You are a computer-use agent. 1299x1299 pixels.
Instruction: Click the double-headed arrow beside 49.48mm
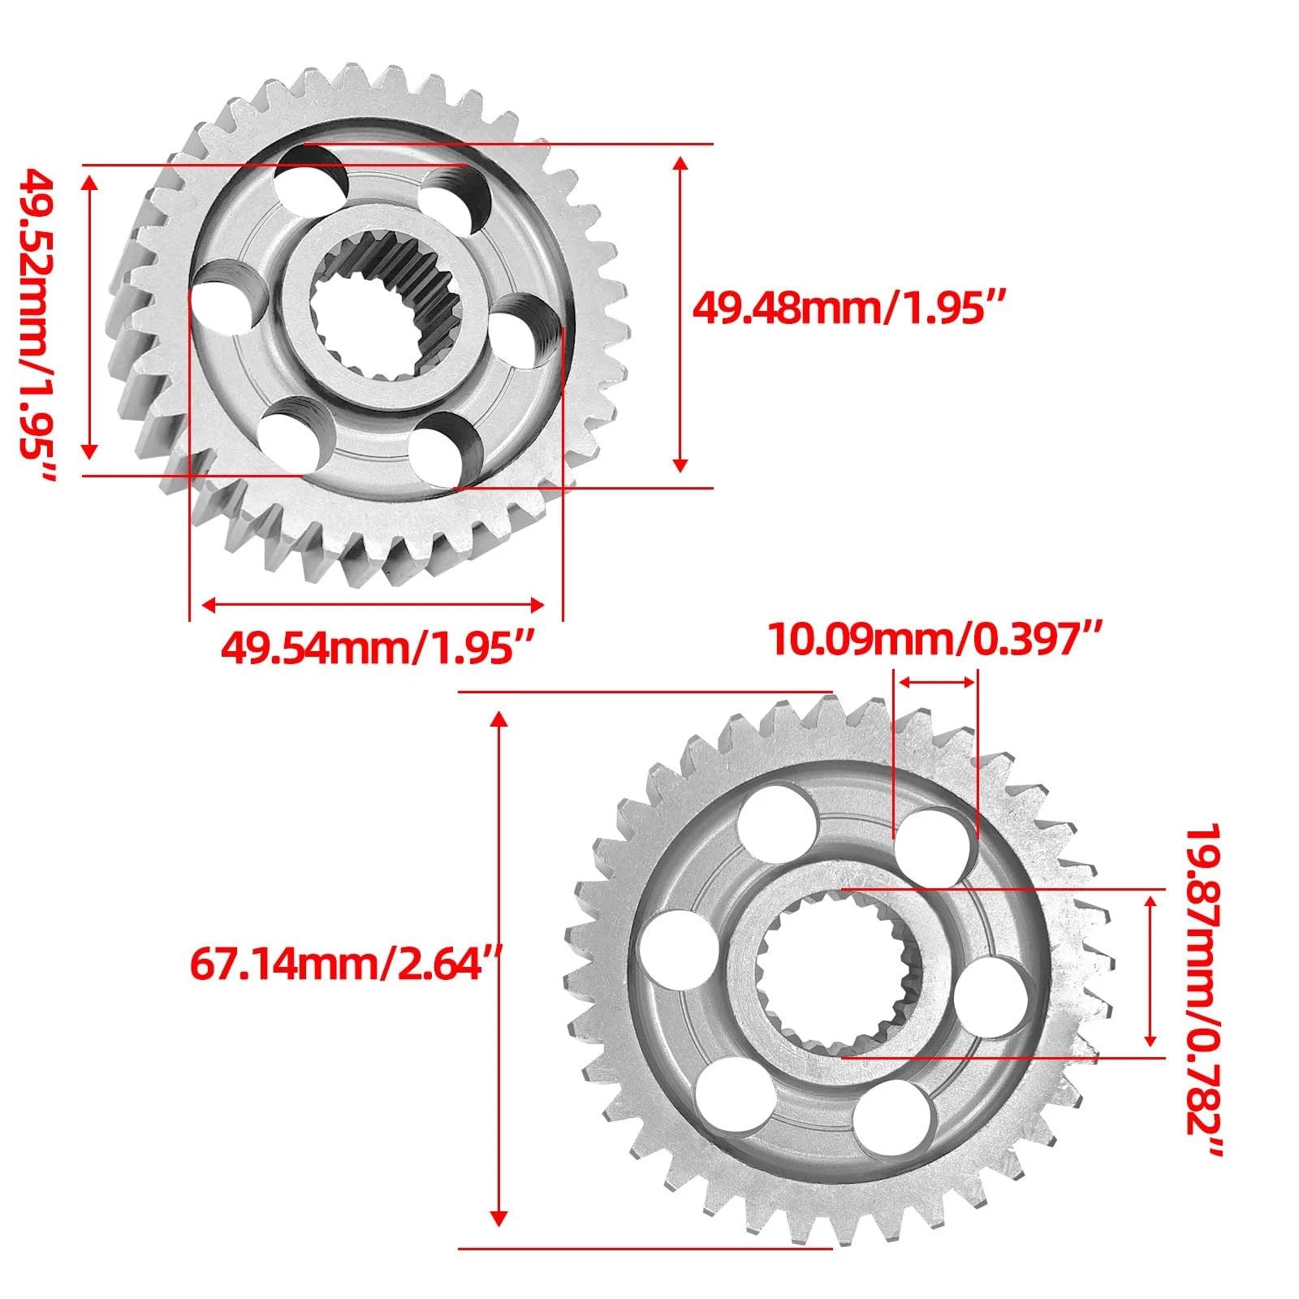coord(681,314)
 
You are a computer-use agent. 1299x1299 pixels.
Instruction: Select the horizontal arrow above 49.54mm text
coord(373,604)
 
